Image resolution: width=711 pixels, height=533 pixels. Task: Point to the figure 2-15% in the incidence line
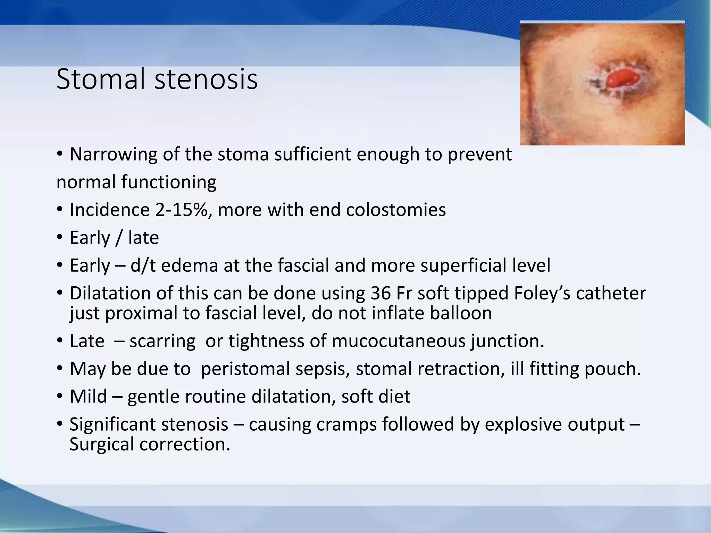point(184,210)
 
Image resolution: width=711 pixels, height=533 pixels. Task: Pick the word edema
point(189,265)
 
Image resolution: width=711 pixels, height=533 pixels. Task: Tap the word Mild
point(88,396)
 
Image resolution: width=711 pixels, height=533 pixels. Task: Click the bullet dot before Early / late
point(60,238)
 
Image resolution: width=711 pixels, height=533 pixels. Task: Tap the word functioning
point(169,182)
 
